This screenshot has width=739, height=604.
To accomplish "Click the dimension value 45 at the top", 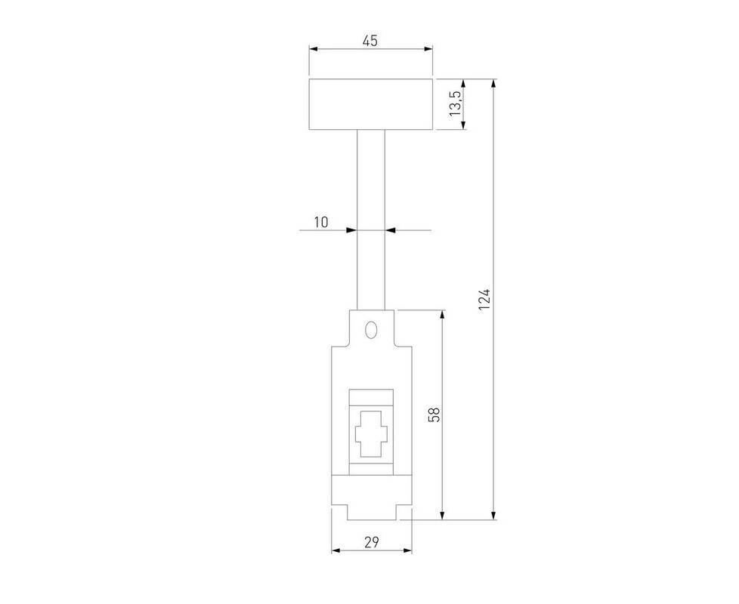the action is [x=370, y=41].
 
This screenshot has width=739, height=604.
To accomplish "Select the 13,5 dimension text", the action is [x=455, y=104].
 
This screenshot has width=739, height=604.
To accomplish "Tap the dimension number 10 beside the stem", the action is [x=321, y=222].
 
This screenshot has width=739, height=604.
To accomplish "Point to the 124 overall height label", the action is [x=484, y=300].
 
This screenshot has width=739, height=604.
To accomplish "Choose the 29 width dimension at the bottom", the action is [x=371, y=542].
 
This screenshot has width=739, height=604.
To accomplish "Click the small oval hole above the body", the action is [x=371, y=329].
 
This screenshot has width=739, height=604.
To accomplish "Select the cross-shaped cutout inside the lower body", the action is [x=371, y=433].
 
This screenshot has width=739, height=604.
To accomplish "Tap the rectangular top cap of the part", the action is [x=371, y=104].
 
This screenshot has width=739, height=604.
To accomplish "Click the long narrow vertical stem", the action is [x=371, y=220].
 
